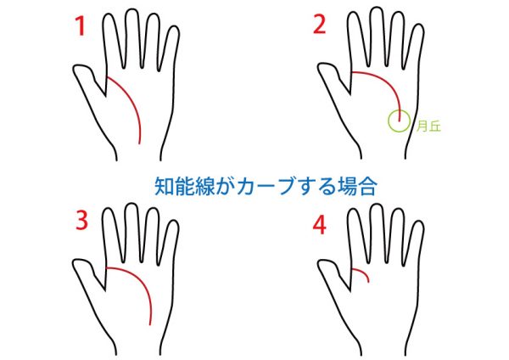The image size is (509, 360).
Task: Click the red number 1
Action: (81, 26)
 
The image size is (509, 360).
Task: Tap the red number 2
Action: (320, 24)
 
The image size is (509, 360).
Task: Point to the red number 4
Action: (320, 226)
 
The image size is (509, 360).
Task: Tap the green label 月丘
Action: (428, 126)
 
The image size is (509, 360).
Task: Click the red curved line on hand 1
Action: (131, 103)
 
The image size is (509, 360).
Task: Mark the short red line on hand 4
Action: (363, 272)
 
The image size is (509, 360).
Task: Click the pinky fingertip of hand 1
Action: (174, 27)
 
